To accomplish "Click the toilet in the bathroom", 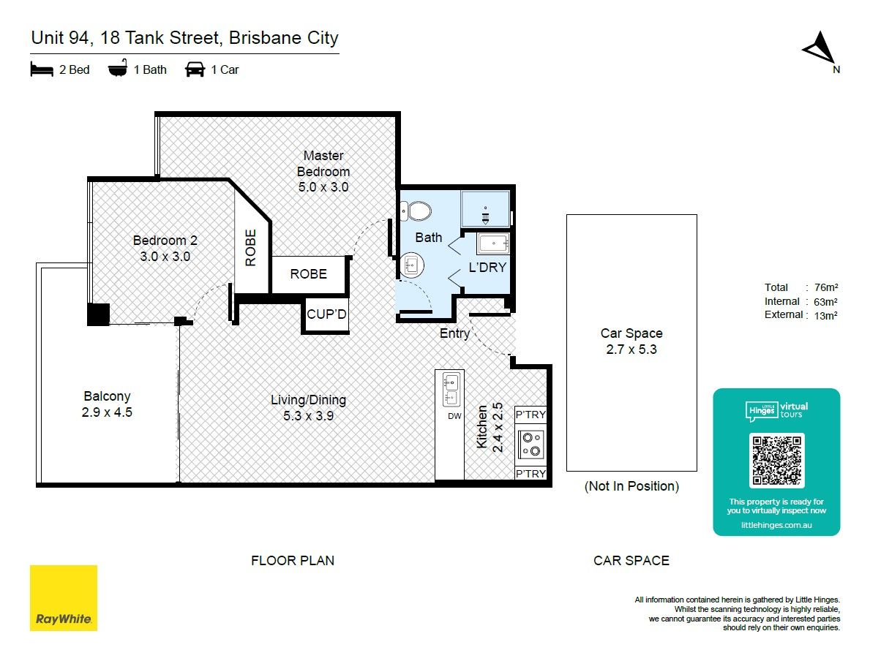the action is [x=416, y=211].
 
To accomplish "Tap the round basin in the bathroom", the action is [x=411, y=265].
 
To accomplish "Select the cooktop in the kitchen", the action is [x=531, y=445].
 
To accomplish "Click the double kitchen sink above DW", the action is [x=451, y=389].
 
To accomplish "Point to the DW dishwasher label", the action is [x=454, y=416].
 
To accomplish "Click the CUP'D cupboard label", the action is [x=326, y=314].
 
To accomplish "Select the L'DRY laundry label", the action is [x=487, y=268].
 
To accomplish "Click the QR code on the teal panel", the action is [x=776, y=461].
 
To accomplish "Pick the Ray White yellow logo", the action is [x=63, y=598].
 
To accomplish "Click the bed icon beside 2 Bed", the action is [x=42, y=69].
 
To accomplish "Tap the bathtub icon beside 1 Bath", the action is [x=118, y=69].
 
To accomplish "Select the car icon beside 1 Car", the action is [x=195, y=69].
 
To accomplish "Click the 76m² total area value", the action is [x=826, y=287].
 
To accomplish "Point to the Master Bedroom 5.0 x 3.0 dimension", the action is [x=323, y=187].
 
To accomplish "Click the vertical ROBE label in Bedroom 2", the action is [x=251, y=248].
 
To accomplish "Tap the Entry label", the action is [x=454, y=333].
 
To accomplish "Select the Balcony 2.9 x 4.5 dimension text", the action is [x=107, y=412].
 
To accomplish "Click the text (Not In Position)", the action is [x=631, y=486].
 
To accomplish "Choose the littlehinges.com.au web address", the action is [x=776, y=525].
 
